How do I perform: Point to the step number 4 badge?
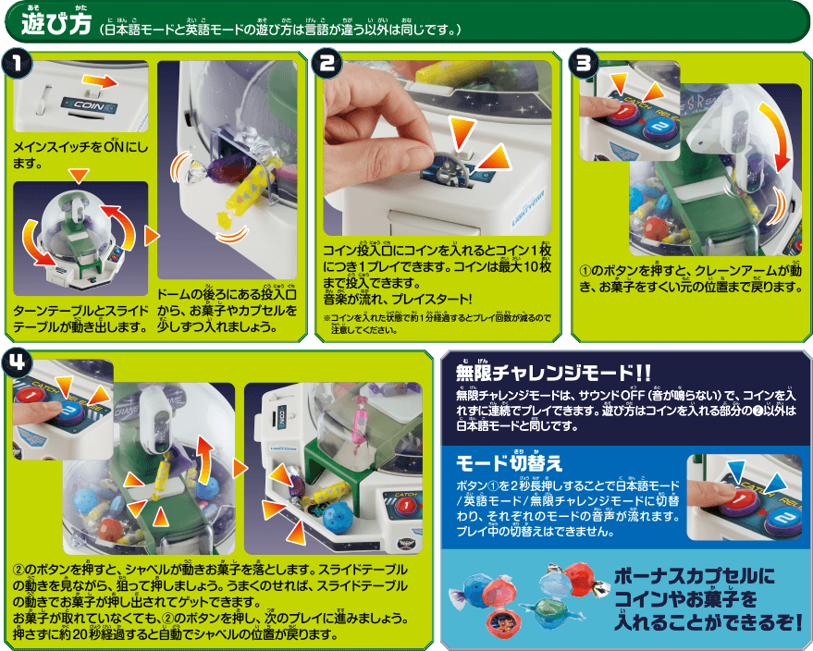(17, 362)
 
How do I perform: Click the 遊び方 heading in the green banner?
(56, 24)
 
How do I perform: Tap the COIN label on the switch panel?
(89, 105)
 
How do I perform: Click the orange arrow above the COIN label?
(100, 81)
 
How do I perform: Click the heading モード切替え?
(509, 463)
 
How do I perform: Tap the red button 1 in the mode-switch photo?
(742, 500)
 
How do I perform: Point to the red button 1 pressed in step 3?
(623, 111)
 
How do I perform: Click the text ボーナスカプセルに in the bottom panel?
(695, 576)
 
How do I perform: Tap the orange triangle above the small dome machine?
(79, 176)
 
